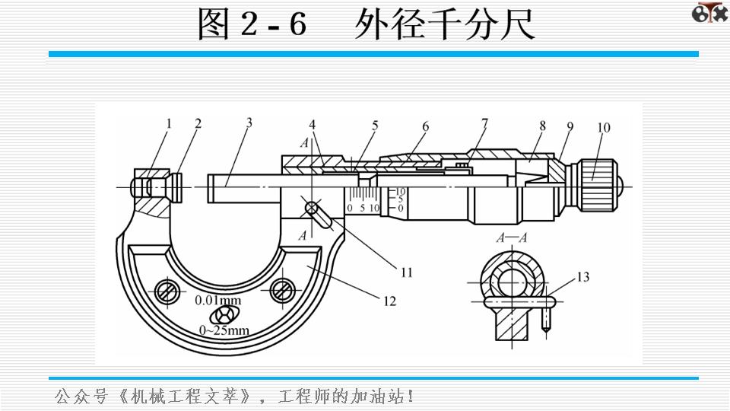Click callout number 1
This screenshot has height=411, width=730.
[x=170, y=123]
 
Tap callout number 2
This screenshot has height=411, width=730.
[x=198, y=123]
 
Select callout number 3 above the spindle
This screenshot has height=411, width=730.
[x=248, y=122]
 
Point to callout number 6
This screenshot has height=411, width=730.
[x=426, y=126]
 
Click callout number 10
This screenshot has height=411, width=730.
[x=603, y=128]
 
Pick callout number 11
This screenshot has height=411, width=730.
[x=407, y=272]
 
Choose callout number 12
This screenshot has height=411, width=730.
[x=389, y=301]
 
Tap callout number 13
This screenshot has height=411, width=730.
[x=582, y=278]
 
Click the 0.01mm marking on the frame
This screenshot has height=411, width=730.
[x=218, y=300]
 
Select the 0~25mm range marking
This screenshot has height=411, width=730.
[x=224, y=330]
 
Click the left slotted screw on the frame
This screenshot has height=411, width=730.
[x=166, y=291]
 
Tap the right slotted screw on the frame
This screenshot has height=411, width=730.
[x=283, y=289]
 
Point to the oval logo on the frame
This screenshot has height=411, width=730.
[x=224, y=315]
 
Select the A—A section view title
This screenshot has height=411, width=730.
[x=512, y=238]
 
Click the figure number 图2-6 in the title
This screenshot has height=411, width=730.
[x=252, y=24]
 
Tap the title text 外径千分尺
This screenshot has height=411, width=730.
[x=445, y=24]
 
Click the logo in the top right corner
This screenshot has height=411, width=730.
[x=708, y=13]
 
